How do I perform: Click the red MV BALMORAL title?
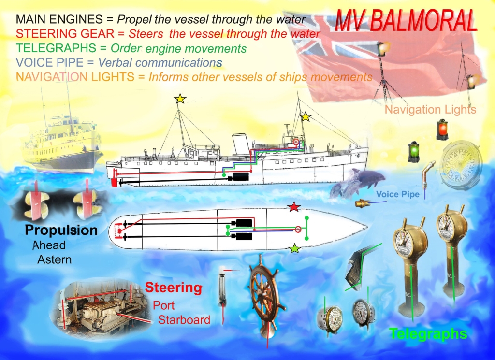point(406,20)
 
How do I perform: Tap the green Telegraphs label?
point(428,334)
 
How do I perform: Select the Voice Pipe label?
point(398,194)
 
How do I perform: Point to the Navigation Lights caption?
point(430,110)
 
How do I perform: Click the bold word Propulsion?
point(61,230)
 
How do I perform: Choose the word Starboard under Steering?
point(184,319)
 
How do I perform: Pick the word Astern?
point(55,259)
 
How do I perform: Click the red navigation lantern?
point(442,130)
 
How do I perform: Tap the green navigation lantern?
point(414,152)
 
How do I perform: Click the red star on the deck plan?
point(294,207)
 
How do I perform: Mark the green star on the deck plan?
point(295,248)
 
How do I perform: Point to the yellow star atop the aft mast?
point(180,99)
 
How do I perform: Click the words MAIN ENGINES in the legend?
point(59,19)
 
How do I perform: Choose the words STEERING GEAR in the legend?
point(65,33)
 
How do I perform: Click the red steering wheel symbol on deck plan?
point(298,230)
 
